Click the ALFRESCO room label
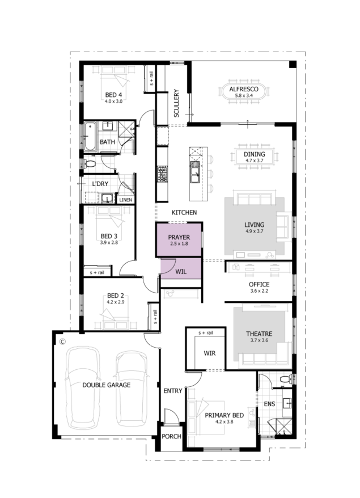tap(244, 89)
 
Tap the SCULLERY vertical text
tap(176, 103)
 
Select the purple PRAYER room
tap(179, 240)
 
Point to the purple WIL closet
tap(181, 268)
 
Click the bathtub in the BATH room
tap(90, 137)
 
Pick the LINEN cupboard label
tap(125, 200)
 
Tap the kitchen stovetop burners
tap(162, 174)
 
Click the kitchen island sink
tap(194, 171)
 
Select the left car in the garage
tap(82, 387)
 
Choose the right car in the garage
tap(132, 388)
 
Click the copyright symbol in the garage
tap(62, 342)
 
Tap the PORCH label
tap(171, 436)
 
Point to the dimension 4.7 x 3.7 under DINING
tap(255, 161)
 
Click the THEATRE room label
tap(259, 334)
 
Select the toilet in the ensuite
tap(286, 379)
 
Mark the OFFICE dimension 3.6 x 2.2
tap(259, 290)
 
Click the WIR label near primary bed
tap(210, 353)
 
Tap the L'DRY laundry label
tap(100, 184)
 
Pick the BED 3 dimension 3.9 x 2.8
tap(109, 242)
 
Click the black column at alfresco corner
tap(293, 65)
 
